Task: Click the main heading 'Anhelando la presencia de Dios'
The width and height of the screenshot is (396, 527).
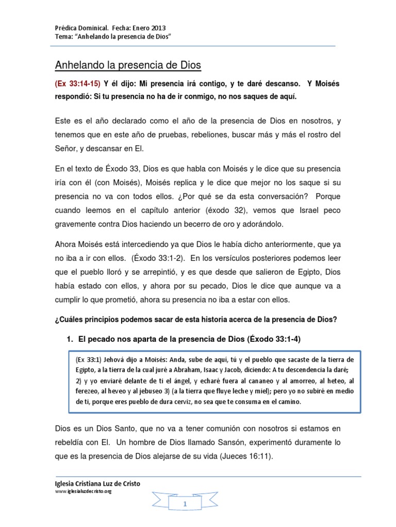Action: tap(128, 65)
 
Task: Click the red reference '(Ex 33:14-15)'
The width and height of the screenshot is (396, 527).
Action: tap(77, 83)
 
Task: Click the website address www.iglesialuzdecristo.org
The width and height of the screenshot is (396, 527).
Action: tap(83, 491)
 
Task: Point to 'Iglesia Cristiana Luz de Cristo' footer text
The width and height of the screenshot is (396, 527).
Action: tap(97, 483)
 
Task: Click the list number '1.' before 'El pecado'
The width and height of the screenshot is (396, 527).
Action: tap(70, 339)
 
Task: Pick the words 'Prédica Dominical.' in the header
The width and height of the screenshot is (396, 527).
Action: tap(81, 28)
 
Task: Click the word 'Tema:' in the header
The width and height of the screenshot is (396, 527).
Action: tap(63, 38)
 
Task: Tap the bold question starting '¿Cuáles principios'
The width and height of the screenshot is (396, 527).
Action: tap(196, 319)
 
